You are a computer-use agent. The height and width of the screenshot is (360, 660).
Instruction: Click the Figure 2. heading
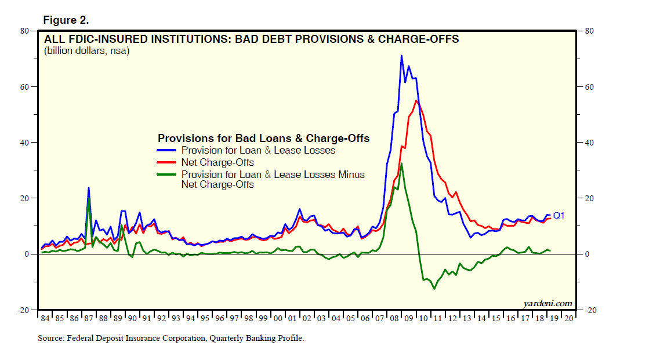coord(66,20)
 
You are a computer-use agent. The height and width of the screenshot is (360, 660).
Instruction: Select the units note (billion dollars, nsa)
coord(86,51)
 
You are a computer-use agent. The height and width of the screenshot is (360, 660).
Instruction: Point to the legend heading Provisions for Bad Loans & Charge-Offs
coord(263,139)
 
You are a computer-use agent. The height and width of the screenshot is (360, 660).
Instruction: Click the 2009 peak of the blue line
coord(401,56)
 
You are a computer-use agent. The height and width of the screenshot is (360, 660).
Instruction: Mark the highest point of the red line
coord(416,101)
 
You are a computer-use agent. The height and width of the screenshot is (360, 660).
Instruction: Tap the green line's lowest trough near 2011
coord(433,289)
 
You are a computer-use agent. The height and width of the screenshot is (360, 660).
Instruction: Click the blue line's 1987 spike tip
coord(89,187)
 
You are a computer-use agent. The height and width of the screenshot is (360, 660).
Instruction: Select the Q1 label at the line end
coord(559,216)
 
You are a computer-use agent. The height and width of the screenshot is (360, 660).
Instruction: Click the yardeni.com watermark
coord(547,303)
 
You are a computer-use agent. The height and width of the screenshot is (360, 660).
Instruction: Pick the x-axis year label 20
coord(568,318)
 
